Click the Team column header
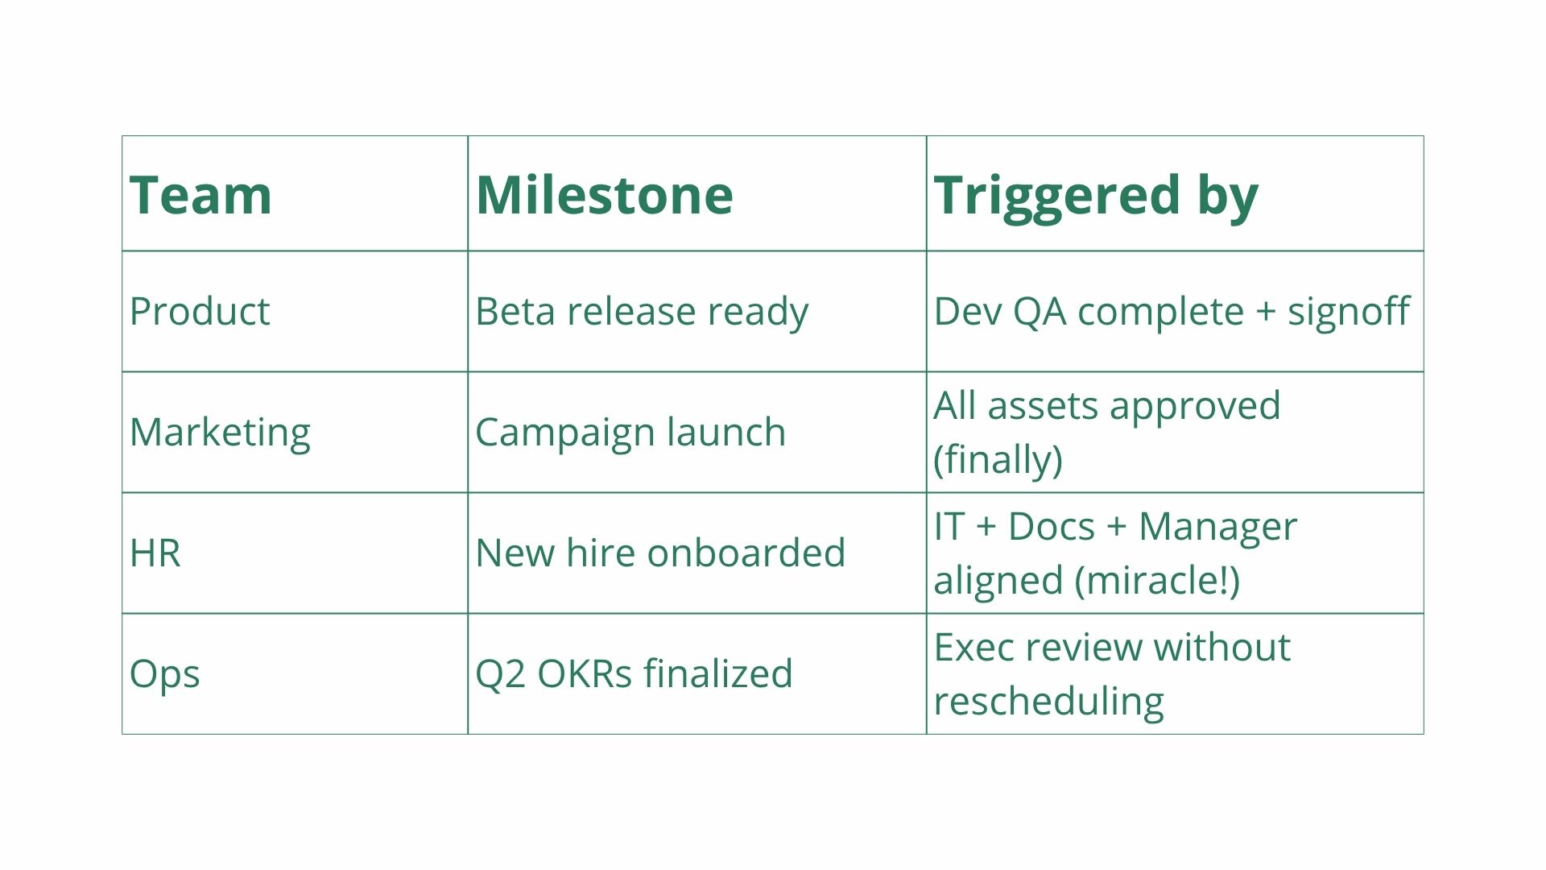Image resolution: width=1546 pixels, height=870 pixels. [200, 195]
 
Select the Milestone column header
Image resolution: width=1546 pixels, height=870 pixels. [604, 195]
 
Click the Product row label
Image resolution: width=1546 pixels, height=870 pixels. [200, 312]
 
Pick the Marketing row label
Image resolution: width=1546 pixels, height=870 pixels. [220, 433]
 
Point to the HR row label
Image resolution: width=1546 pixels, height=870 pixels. [155, 553]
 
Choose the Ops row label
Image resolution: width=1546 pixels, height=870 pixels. [164, 674]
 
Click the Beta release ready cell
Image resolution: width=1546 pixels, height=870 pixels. [642, 312]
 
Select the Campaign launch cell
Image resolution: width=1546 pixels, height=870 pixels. [630, 433]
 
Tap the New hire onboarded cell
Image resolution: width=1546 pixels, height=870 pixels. [660, 553]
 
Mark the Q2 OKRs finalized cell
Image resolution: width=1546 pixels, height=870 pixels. [634, 673]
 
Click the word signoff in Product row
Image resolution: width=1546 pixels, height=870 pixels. [1349, 312]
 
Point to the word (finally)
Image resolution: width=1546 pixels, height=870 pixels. [998, 460]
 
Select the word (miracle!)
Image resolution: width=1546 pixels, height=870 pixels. [1158, 580]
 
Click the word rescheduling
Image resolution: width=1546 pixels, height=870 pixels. [1049, 702]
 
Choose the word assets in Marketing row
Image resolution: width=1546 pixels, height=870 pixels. [1041, 406]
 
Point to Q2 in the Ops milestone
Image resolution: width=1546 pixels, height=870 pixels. [499, 674]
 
